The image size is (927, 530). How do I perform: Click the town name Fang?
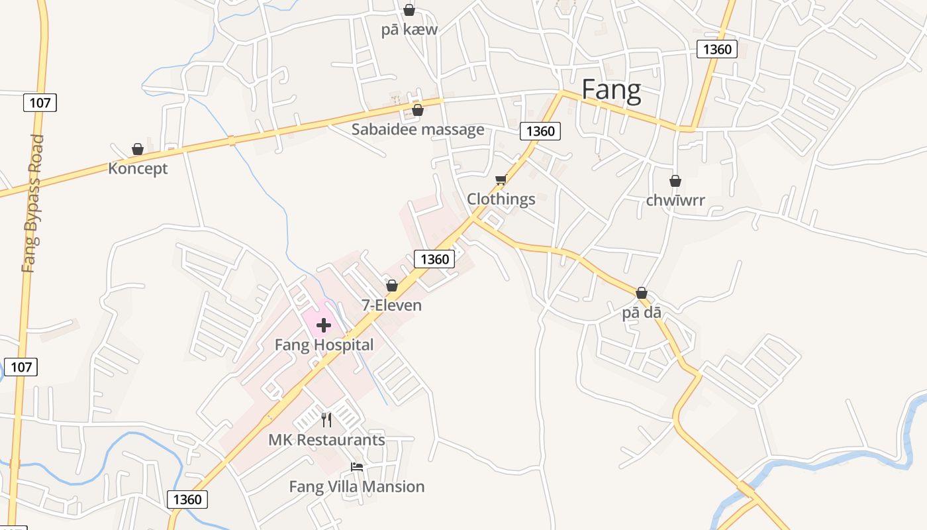click(x=611, y=90)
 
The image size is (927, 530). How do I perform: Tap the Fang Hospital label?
click(x=324, y=344)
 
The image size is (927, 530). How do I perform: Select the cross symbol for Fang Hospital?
click(x=324, y=325)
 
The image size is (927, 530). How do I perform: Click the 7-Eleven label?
click(x=391, y=305)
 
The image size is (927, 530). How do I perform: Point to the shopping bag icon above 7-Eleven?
click(x=392, y=286)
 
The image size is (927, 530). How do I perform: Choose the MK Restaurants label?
click(x=326, y=439)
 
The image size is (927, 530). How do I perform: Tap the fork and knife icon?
click(x=326, y=420)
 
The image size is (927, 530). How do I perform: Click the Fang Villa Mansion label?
click(x=357, y=486)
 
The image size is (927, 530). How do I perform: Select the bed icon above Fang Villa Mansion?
click(x=357, y=466)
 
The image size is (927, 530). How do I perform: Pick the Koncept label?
click(x=138, y=168)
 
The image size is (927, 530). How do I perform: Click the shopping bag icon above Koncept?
click(x=138, y=149)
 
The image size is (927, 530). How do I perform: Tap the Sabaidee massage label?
click(x=418, y=129)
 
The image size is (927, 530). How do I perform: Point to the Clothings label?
click(x=501, y=199)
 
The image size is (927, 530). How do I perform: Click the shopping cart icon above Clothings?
click(x=501, y=180)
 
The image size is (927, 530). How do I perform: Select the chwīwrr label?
click(x=675, y=199)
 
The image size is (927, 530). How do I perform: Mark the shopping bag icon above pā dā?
click(x=641, y=293)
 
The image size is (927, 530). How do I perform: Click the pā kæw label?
click(x=409, y=29)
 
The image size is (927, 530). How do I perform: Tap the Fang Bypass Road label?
click(x=32, y=203)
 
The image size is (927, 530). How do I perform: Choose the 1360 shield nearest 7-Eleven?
click(x=434, y=259)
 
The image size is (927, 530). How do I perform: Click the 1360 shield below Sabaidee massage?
click(x=540, y=131)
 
